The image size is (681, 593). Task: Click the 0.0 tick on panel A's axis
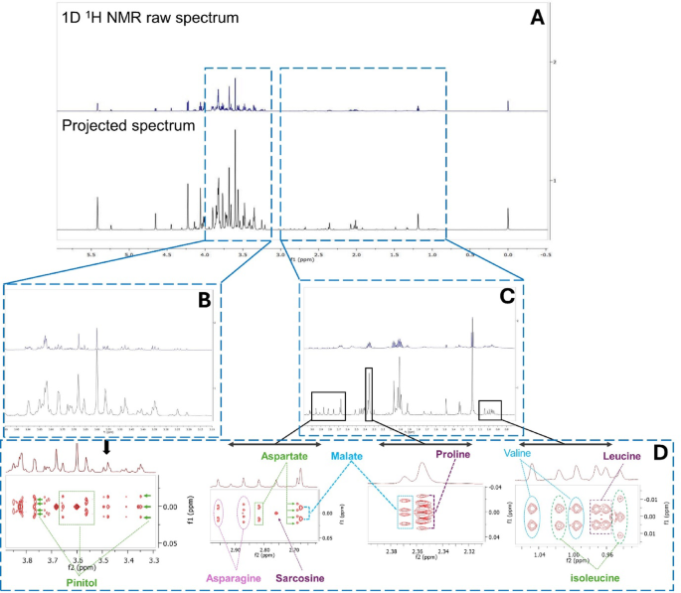point(508,254)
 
